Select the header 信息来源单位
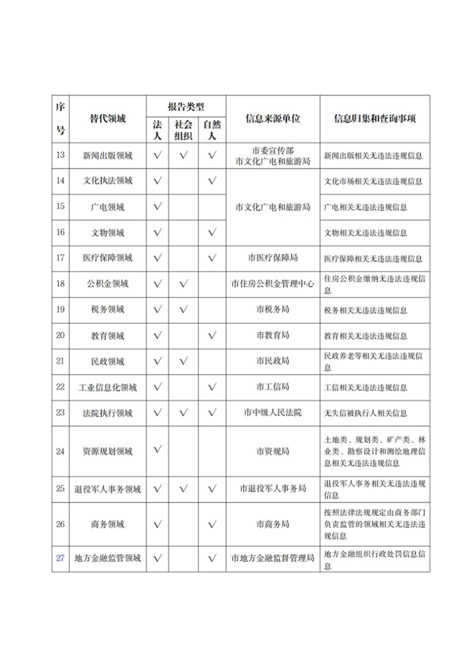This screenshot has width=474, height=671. coord(272,118)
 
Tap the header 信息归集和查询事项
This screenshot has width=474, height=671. coord(375,118)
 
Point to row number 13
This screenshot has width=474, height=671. coord(61,154)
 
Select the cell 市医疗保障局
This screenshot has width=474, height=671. coord(272,258)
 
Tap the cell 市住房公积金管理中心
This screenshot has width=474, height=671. coord(272,284)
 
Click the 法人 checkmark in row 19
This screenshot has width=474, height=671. coord(158,310)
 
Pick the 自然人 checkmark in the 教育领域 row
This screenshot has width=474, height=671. coord(212,336)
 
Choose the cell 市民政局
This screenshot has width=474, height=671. coord(272,361)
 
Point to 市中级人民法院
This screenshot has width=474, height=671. coord(272,413)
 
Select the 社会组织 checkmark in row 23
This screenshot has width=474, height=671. coord(184,413)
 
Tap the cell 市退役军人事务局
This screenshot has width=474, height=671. coord(272,489)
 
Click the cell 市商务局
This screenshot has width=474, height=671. coord(272,524)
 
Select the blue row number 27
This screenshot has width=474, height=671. coord(61,558)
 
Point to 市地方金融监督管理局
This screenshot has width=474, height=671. coord(272,558)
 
